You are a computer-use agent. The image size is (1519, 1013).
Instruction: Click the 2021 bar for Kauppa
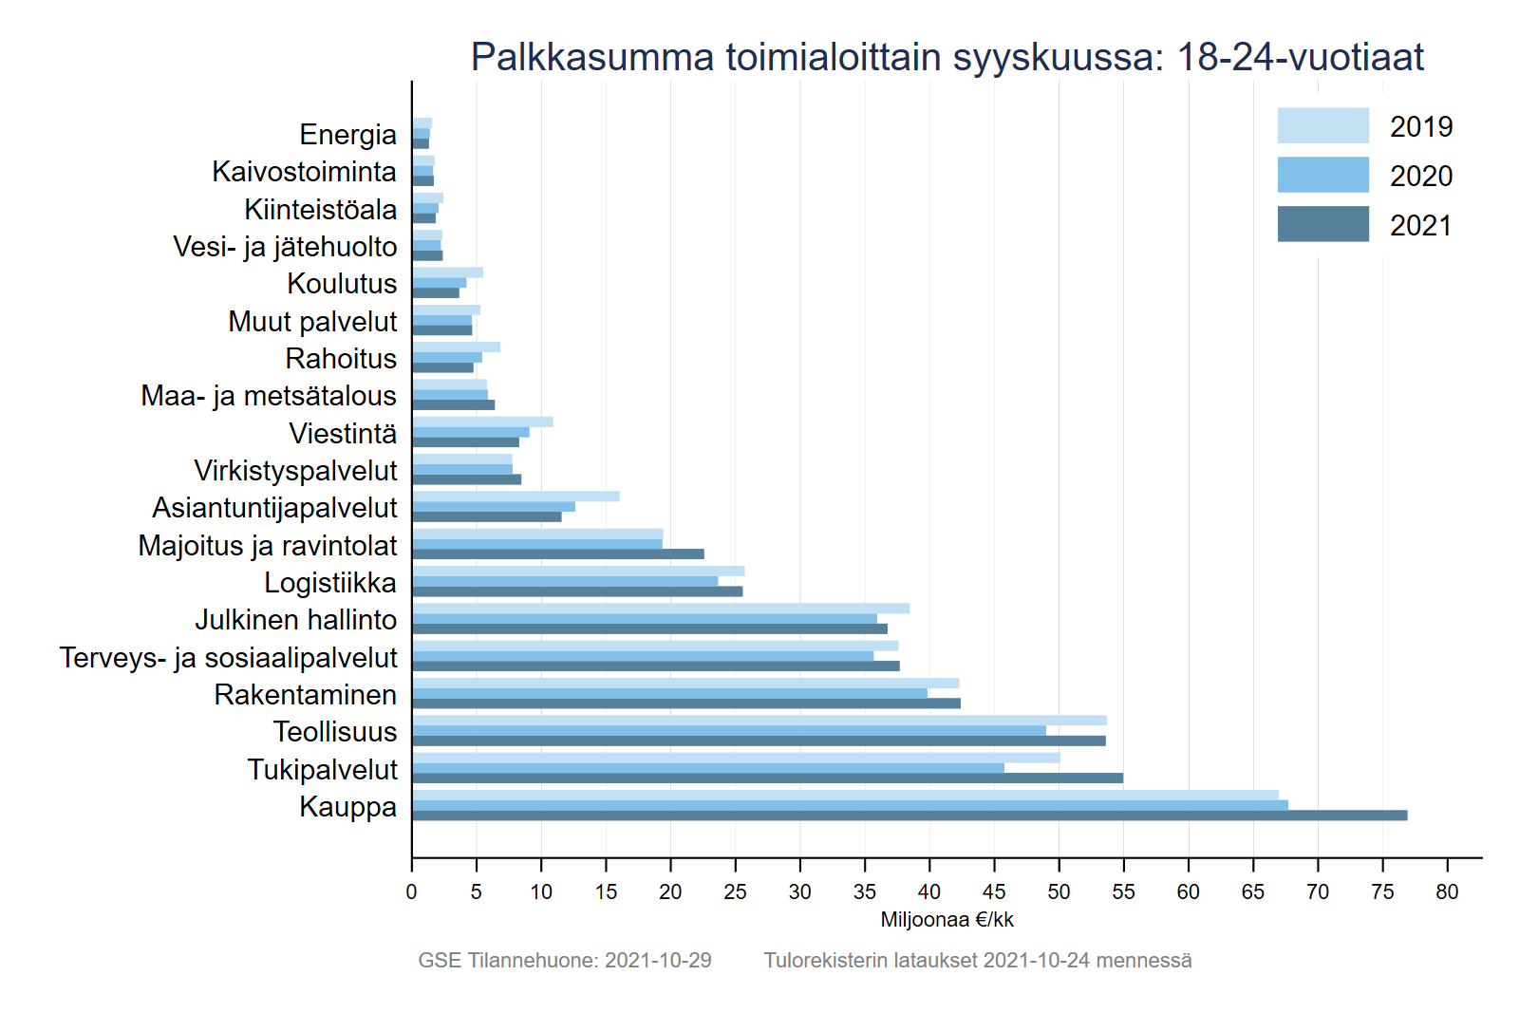(910, 816)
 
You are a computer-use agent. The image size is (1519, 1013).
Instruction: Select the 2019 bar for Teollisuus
(759, 721)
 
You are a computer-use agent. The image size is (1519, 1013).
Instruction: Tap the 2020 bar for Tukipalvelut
(708, 768)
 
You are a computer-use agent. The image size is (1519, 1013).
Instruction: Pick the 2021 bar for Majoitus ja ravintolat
(558, 554)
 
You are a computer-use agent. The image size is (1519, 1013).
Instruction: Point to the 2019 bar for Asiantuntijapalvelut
(516, 497)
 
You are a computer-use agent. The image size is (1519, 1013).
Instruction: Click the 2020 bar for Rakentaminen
(669, 693)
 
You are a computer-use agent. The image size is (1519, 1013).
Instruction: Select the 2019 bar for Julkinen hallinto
(661, 609)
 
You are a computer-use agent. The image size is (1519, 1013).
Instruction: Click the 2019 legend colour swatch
(1322, 126)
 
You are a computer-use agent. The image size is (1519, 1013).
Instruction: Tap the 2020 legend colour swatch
(1322, 176)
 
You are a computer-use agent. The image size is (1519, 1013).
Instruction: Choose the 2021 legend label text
(1421, 226)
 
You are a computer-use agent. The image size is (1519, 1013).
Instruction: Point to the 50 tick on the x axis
(1059, 859)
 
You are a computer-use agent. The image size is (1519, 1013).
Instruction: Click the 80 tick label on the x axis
(1447, 892)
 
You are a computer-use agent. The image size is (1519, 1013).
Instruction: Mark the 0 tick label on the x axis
(411, 892)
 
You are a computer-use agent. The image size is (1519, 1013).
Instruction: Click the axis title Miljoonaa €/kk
(947, 920)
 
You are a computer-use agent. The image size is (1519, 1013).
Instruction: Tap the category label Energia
(347, 135)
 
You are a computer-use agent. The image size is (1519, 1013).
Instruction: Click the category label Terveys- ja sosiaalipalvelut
(228, 658)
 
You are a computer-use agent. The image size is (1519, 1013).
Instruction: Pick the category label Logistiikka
(329, 583)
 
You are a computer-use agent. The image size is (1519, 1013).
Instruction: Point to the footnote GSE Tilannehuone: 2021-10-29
(565, 961)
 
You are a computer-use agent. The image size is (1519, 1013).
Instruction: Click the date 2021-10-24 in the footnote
(1036, 961)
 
